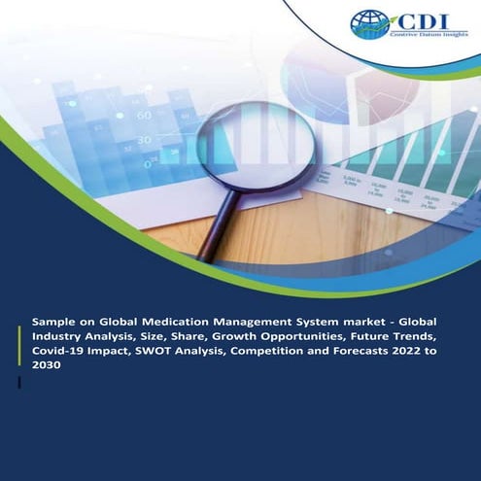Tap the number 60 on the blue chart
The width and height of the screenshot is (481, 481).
(x=143, y=115)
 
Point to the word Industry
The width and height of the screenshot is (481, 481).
(x=60, y=336)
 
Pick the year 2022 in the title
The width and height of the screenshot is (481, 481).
(x=427, y=353)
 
